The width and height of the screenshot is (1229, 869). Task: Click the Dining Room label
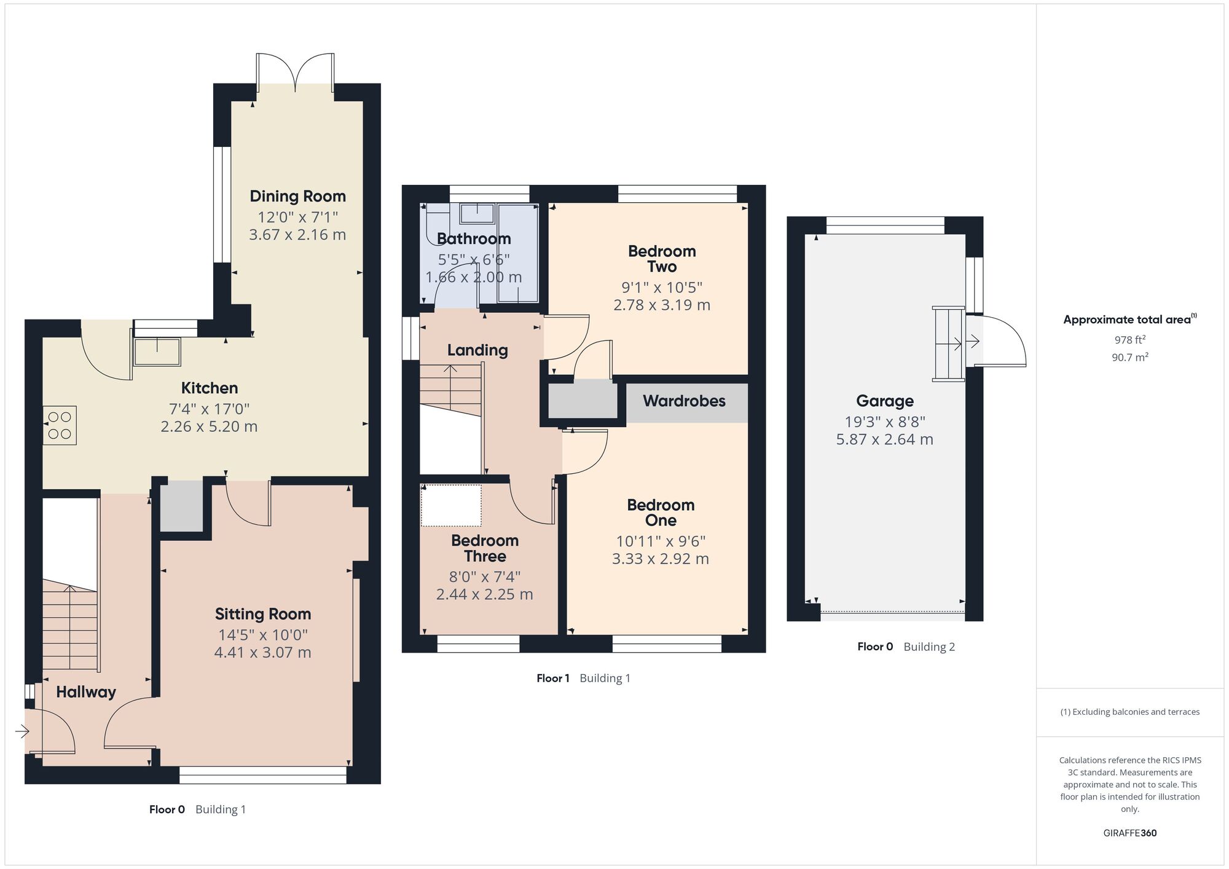[x=297, y=197]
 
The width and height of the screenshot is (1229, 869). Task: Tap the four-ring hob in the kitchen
[x=60, y=425]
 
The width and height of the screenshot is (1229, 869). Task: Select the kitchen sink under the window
[x=157, y=352]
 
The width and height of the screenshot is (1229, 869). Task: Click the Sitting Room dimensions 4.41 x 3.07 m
[x=262, y=653]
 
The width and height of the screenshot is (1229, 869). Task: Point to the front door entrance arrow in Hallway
[x=22, y=731]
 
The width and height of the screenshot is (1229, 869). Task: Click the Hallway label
[x=86, y=693]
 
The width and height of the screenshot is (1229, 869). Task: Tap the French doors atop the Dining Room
[x=296, y=73]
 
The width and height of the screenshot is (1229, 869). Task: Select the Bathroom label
[x=474, y=239]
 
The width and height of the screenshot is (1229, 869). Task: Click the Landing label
[x=477, y=350]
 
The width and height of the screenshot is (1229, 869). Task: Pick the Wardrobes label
[x=684, y=401]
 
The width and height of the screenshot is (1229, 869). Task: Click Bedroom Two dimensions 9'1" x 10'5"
[x=661, y=288]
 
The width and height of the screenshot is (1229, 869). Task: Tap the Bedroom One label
[x=661, y=513]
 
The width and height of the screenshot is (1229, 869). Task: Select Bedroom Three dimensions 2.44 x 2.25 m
[x=484, y=594]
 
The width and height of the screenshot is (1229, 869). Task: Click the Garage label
[x=884, y=401]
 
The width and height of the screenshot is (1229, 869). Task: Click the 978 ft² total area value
[x=1129, y=340]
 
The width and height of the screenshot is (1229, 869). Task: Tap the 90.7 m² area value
[x=1129, y=357]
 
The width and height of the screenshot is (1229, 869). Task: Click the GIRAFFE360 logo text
[x=1129, y=833]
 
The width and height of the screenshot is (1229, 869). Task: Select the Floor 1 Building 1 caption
[x=583, y=678]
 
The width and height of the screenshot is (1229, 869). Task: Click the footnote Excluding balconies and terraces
[x=1129, y=712]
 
